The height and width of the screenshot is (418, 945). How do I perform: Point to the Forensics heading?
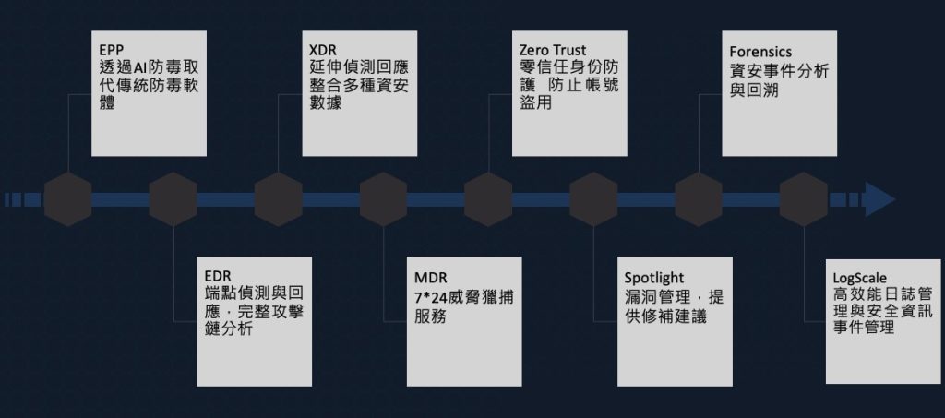pos(761,51)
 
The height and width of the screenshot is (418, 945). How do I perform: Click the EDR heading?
pos(218,275)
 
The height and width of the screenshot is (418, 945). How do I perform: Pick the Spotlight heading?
pos(653,276)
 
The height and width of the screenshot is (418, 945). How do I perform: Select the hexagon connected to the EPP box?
pos(67,199)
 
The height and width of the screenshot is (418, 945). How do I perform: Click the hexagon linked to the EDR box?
pos(173,199)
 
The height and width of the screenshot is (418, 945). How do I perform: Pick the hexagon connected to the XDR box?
pos(278,199)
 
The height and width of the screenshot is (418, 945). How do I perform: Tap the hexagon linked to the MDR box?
pos(383,199)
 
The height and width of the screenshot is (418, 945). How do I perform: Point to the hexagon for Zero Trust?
pos(488,199)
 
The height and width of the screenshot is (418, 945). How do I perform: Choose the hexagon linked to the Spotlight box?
pos(593,199)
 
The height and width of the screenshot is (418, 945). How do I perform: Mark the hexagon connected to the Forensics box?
pos(699,199)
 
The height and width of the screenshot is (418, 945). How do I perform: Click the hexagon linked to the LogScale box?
pos(804,199)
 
